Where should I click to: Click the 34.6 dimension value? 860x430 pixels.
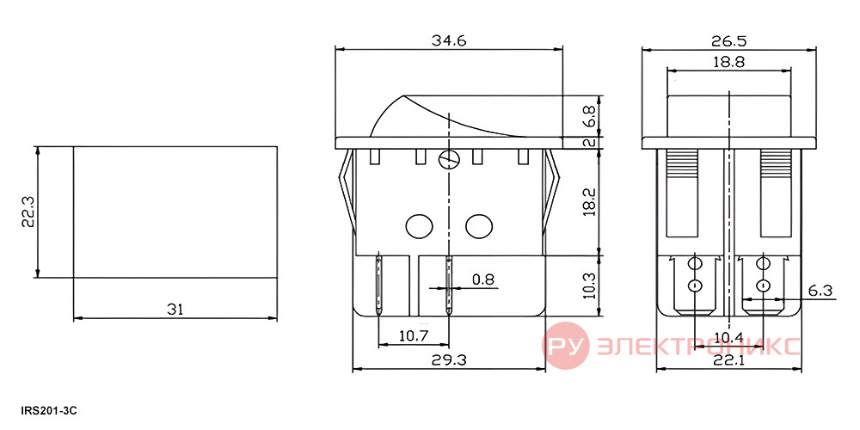[x=449, y=41]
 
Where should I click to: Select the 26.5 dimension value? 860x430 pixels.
[x=729, y=41]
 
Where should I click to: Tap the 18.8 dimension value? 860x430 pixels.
[x=728, y=62]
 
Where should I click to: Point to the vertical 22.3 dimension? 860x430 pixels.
[x=28, y=212]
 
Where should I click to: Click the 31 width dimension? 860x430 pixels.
[x=175, y=310]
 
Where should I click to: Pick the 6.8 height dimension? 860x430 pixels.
[x=590, y=116]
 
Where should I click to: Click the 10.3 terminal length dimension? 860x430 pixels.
[x=590, y=283]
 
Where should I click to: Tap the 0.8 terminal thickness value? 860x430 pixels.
[x=482, y=279]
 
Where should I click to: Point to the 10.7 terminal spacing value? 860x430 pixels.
[x=414, y=336]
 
